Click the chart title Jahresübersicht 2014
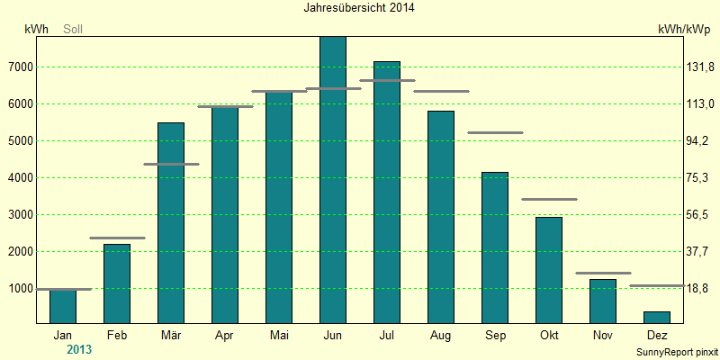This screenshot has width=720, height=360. tap(359, 8)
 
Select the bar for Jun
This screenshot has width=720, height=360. tap(333, 180)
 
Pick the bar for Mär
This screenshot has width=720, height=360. tap(171, 223)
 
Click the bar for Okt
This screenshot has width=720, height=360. tap(549, 271)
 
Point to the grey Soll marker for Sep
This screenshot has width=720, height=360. tap(496, 132)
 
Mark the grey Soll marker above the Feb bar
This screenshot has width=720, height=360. tap(117, 238)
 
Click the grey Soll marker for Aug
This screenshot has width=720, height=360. tap(441, 92)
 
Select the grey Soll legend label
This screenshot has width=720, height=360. tap(73, 30)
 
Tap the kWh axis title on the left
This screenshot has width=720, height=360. tap(36, 30)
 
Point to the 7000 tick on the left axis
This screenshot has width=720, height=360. tap(21, 67)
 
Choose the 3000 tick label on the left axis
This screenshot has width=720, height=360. tap(21, 215)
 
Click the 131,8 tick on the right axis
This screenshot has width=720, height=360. tap(699, 67)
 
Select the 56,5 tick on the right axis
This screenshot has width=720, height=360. tap(699, 215)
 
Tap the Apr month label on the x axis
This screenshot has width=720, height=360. tap(225, 335)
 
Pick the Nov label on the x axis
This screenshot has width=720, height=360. tap(603, 335)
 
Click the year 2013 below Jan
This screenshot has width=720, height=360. tap(79, 349)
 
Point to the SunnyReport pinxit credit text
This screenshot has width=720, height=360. tap(677, 353)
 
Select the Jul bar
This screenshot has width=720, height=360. tap(387, 193)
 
